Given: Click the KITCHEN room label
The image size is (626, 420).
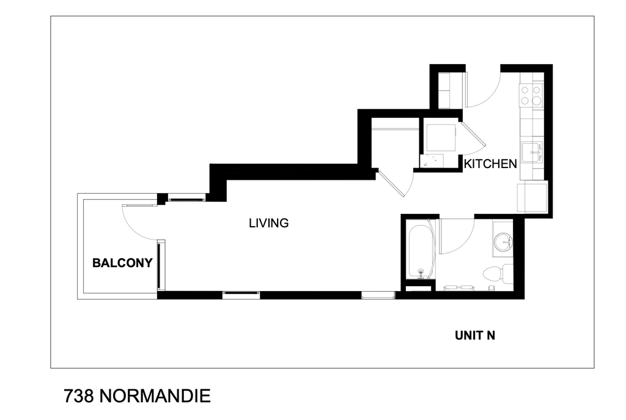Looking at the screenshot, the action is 490,164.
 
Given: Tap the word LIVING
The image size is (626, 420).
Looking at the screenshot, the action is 268,223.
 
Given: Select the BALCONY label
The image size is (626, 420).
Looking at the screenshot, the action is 122,263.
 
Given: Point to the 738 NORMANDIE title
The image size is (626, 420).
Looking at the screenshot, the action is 137,396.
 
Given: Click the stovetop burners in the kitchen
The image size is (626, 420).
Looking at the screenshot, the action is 531,95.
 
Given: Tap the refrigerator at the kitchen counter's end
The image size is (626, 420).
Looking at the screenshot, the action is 532,197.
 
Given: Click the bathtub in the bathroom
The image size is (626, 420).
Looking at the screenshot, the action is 419,251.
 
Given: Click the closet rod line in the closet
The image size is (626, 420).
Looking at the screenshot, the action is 394,130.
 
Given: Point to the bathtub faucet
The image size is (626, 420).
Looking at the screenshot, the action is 420,271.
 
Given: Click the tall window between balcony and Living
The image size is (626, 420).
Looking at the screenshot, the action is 160,265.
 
